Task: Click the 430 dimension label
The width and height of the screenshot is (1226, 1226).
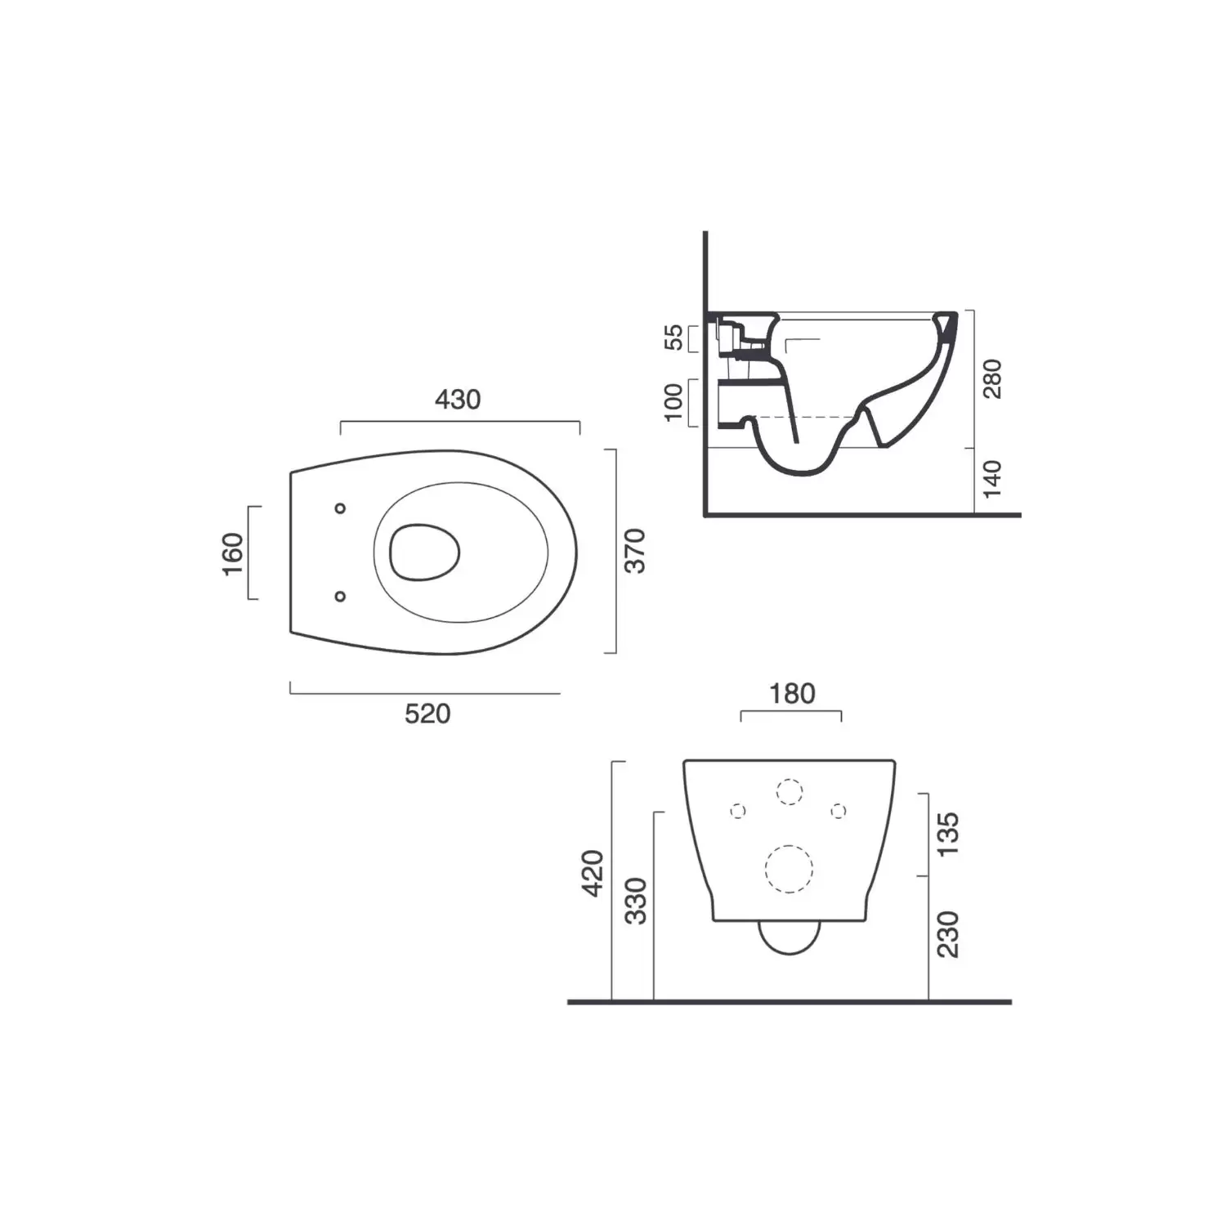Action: [x=458, y=400]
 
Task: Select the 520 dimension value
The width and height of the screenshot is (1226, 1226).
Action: [x=427, y=714]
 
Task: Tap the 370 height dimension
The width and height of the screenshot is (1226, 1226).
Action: [x=634, y=551]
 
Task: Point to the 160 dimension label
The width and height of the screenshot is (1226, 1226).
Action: [x=233, y=553]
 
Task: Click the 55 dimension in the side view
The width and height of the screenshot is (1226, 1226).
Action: [x=673, y=337]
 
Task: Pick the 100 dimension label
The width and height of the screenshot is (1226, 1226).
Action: [x=673, y=401]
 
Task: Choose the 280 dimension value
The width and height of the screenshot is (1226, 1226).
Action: [x=991, y=378]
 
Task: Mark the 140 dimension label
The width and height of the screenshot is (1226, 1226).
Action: [x=991, y=479]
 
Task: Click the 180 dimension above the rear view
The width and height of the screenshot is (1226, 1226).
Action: [x=792, y=694]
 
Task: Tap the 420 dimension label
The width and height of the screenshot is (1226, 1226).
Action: [x=593, y=873]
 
